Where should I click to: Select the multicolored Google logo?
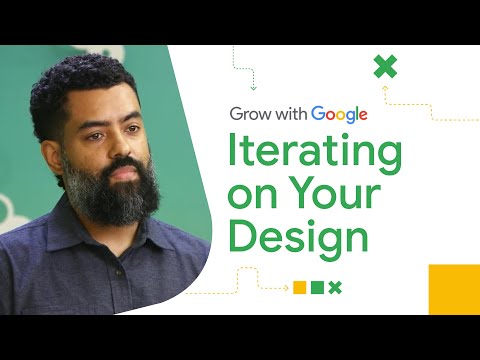coord(340,115)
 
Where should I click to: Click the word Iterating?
coord(316,155)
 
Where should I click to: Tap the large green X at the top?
coord(385,68)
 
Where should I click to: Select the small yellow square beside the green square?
coord(299,287)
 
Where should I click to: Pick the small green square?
coord(317,287)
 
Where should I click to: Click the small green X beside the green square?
coord(335,287)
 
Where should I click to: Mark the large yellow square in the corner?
coord(454,290)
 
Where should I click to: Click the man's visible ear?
coord(44,150)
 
